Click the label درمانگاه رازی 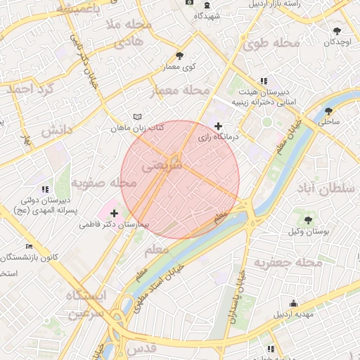pos(219,137)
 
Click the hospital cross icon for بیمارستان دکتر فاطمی pos(114,212)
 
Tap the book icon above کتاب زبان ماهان pos(137,117)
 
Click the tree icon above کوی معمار pos(180,56)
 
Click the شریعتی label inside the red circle pos(162,167)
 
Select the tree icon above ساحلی pos(328,110)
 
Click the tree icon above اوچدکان pos(338,30)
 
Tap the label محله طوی pos(271,44)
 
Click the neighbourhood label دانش pos(57,131)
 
